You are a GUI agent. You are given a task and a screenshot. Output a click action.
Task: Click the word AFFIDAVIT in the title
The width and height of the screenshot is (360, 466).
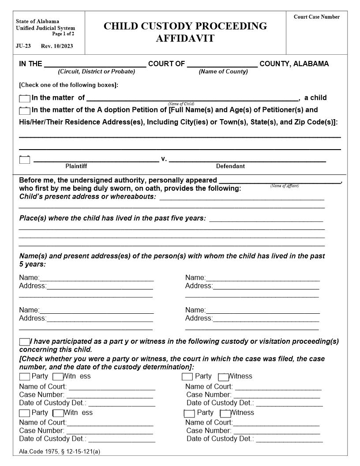point(185,38)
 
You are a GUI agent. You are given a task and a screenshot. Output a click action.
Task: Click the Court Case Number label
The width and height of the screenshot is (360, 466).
point(316,17)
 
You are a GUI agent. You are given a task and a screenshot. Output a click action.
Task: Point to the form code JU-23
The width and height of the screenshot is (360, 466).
point(23,46)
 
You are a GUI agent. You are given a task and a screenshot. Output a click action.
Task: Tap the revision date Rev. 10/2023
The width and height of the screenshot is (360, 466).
point(57,46)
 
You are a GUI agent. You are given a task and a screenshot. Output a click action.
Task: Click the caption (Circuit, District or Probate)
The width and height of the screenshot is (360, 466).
point(97,71)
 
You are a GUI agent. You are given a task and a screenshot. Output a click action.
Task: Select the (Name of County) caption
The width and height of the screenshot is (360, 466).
point(223,71)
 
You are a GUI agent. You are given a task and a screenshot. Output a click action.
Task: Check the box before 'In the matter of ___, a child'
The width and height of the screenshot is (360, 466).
point(25,98)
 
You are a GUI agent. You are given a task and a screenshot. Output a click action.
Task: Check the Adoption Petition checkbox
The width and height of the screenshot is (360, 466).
point(25,110)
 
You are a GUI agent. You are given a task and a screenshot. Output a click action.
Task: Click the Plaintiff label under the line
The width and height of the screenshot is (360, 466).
point(76,166)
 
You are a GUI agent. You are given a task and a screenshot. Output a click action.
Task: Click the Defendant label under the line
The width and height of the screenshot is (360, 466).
point(230,166)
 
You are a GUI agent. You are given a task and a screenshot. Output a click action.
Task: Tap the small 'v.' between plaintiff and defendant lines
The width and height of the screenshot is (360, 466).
point(164,159)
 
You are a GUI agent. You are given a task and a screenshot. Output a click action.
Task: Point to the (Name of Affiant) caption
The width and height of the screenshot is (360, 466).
point(285,186)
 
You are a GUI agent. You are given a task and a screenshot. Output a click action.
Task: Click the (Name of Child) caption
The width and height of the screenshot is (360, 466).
point(181,104)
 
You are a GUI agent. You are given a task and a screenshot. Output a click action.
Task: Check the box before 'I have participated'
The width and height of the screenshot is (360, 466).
point(24,342)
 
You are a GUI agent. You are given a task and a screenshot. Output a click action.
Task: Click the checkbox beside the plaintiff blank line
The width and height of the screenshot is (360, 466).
point(25,160)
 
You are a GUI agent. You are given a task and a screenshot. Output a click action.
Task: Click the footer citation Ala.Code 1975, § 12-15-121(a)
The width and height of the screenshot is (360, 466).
point(60,451)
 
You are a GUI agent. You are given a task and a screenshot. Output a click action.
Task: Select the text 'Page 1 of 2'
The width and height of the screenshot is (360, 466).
point(63,34)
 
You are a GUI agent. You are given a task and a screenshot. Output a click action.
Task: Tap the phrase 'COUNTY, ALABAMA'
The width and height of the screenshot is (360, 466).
point(294,64)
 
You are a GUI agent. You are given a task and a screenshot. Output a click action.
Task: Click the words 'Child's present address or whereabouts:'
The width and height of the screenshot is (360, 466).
point(87,197)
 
